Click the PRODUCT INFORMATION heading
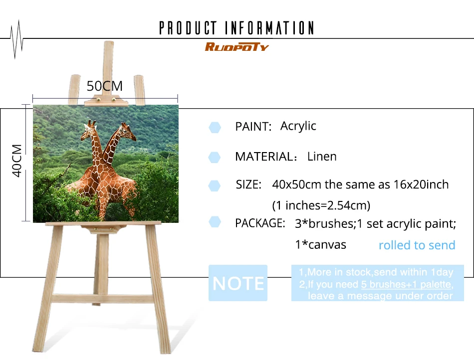237,28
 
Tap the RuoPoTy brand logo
237,47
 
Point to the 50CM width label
105,86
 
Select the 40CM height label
17,161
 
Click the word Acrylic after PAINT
298,126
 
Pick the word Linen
322,157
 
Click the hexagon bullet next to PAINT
215,128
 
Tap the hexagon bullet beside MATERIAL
215,158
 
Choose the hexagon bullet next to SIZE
215,186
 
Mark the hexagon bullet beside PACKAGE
215,222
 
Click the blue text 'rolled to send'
417,245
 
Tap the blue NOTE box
238,283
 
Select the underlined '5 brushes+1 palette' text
406,284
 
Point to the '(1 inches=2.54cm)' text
321,205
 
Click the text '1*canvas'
320,245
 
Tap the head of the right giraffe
127,131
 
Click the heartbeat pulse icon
16,39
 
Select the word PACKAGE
260,223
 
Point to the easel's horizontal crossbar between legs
103,299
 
